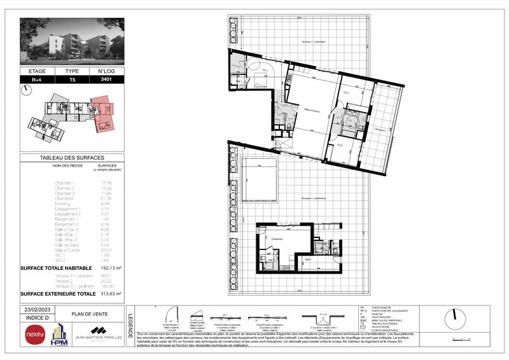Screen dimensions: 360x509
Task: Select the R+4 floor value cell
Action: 37,80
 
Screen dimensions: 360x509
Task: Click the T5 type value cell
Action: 72,80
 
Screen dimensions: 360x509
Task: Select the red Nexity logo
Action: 34,334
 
